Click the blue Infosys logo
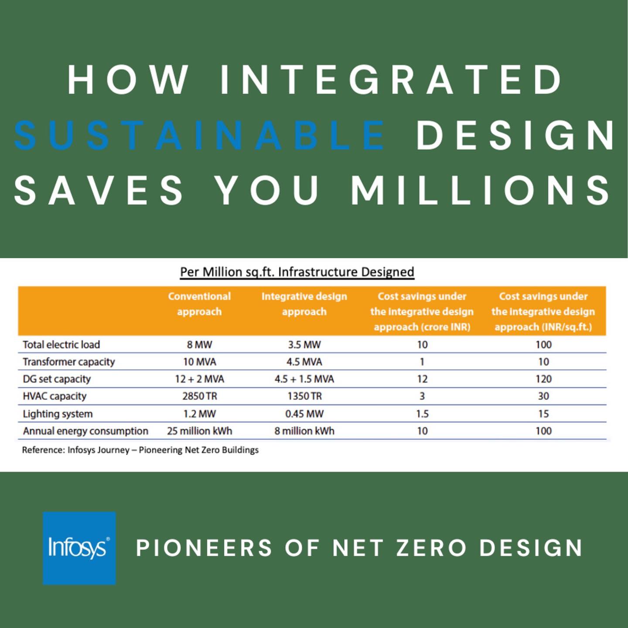click(x=79, y=548)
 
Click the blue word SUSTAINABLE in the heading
click(x=199, y=135)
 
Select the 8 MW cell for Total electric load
click(x=199, y=345)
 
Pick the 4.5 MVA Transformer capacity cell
click(x=304, y=362)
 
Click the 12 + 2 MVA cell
click(x=199, y=379)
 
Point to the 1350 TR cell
click(x=304, y=396)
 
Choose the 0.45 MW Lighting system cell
click(x=304, y=413)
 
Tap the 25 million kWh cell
click(x=199, y=431)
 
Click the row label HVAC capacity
click(x=55, y=396)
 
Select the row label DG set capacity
click(x=57, y=379)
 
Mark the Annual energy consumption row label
click(x=85, y=431)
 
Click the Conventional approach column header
click(x=199, y=304)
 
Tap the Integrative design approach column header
click(x=304, y=304)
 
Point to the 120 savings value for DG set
click(x=543, y=379)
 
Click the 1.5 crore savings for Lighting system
click(x=422, y=413)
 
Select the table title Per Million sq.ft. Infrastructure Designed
click(x=297, y=272)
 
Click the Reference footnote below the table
click(x=140, y=450)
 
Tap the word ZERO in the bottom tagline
click(x=431, y=548)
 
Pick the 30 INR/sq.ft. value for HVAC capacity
click(x=543, y=396)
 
